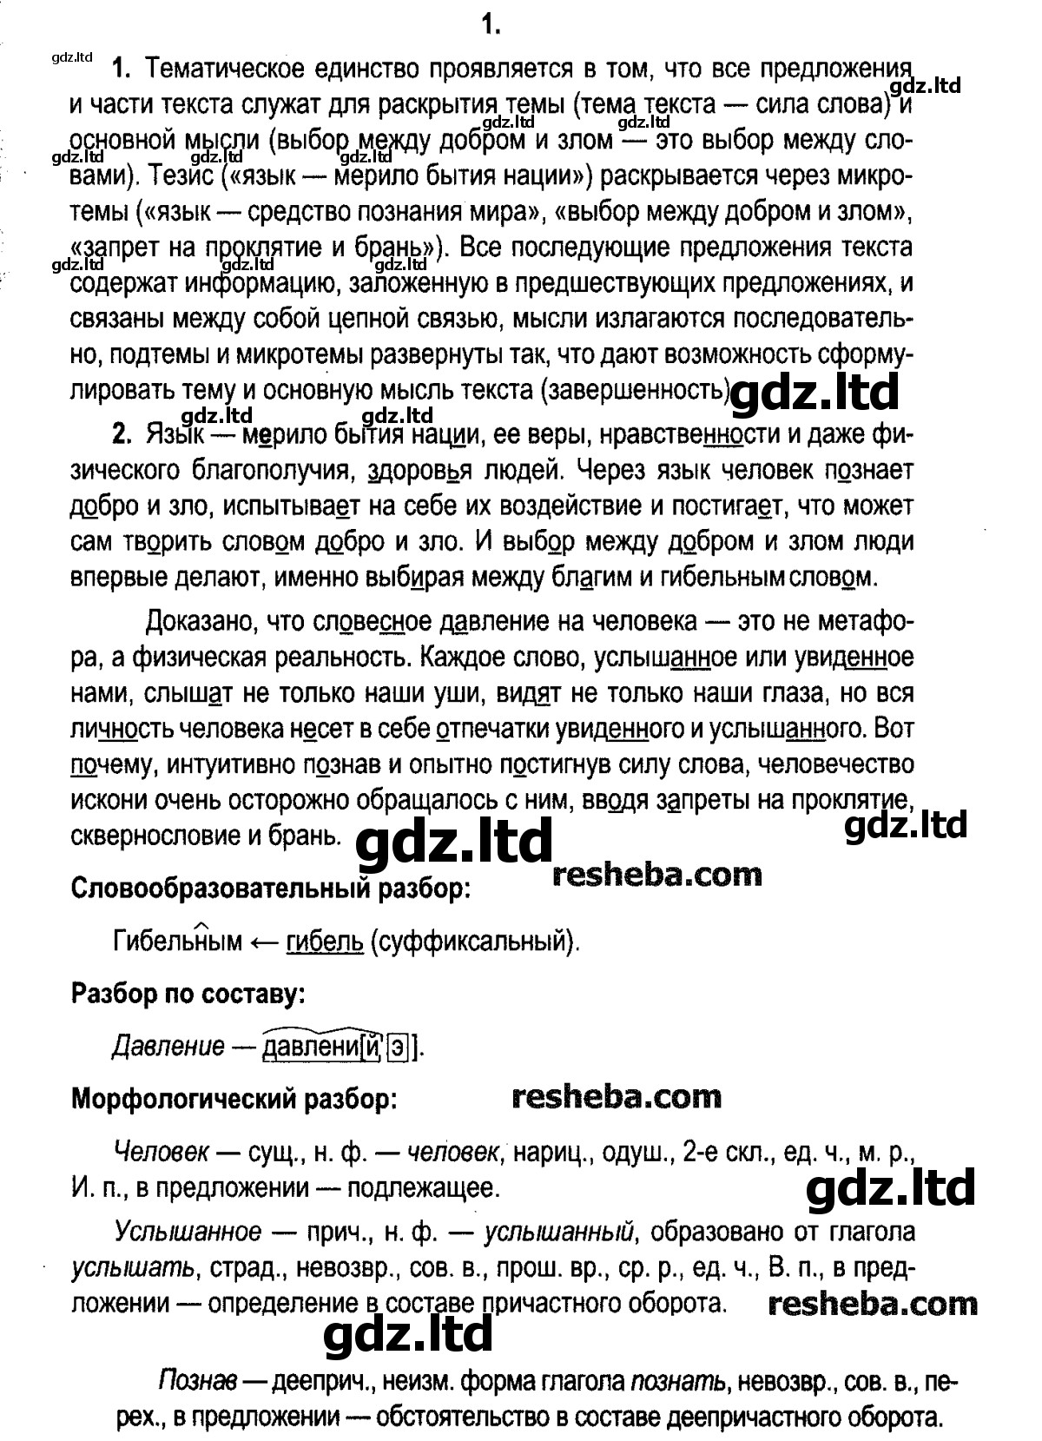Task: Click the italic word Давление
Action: coord(168,1046)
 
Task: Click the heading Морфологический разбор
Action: coord(233,1099)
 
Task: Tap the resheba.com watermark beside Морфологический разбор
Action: coord(617,1096)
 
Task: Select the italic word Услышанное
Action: coord(187,1232)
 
